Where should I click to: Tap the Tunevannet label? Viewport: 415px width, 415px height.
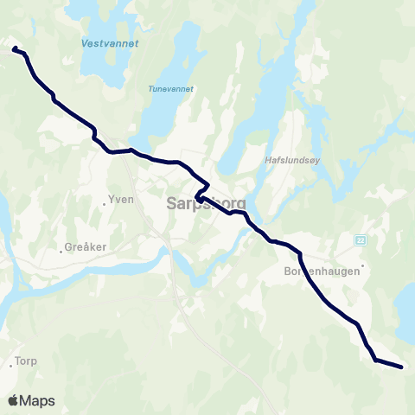[x=171, y=88]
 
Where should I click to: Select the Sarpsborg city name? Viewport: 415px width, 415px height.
[x=205, y=204]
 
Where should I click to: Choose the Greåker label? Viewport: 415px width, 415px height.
[x=87, y=246]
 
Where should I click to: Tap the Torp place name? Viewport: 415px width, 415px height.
[x=25, y=361]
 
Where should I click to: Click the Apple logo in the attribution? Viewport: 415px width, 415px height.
[x=13, y=400]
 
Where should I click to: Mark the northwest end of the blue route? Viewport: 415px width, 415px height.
[x=13, y=49]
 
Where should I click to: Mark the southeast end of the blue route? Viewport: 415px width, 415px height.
[x=402, y=367]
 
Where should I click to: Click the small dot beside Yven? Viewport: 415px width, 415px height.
[x=104, y=204]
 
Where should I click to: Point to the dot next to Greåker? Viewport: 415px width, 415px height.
[x=61, y=252]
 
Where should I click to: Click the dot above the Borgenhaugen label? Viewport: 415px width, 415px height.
[x=363, y=265]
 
